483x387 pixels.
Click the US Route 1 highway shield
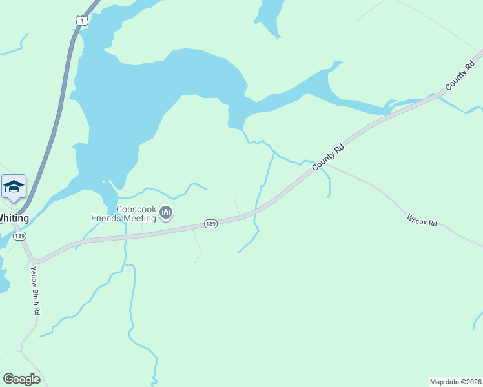(81, 21)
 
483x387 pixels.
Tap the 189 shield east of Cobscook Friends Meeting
(211, 223)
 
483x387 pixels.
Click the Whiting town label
(13, 218)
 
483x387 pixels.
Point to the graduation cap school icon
(14, 187)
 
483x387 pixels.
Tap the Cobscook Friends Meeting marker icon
(166, 212)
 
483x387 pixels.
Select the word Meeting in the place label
(141, 218)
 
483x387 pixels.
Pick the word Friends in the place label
(106, 218)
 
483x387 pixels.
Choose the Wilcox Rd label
(422, 221)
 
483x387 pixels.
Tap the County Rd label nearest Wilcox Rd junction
(329, 157)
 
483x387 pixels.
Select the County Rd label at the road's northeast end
(459, 78)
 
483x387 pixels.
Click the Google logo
(21, 379)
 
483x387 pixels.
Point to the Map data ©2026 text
(455, 381)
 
